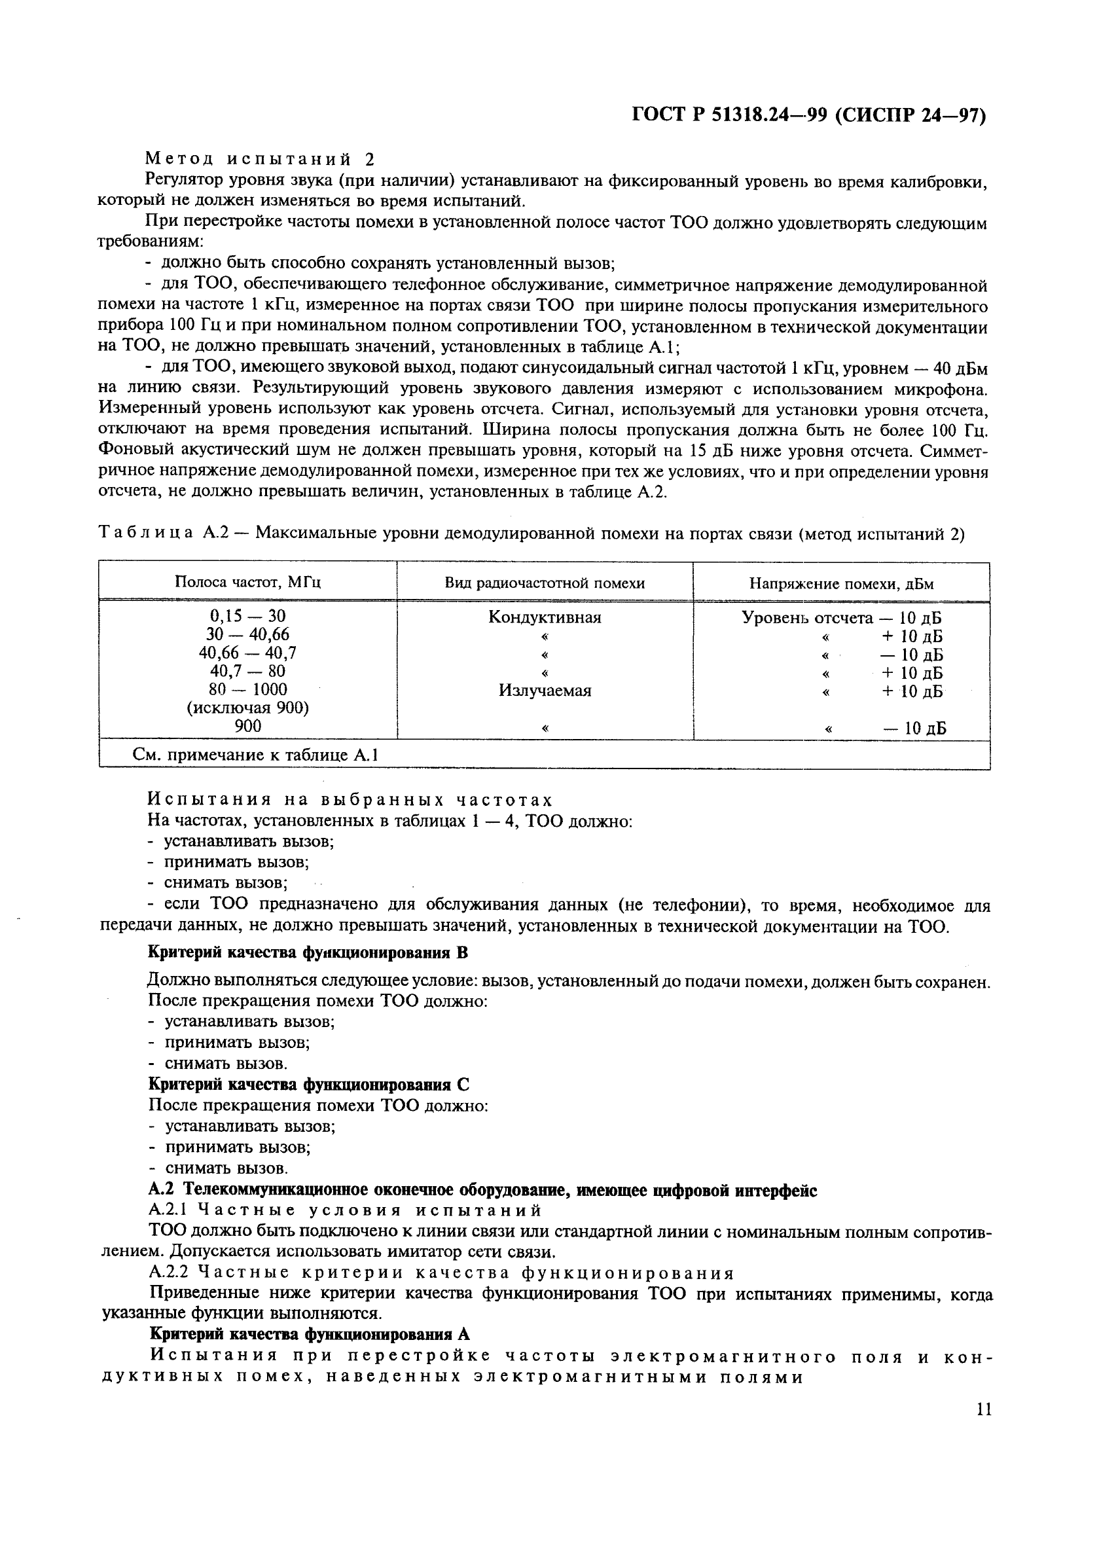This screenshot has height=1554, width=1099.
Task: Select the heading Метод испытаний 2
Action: point(260,159)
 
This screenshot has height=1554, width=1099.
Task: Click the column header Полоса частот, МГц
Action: point(247,582)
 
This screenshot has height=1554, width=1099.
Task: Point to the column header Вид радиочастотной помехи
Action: point(545,583)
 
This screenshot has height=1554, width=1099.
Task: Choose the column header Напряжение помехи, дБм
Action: point(841,583)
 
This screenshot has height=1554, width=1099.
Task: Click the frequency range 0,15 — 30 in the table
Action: point(247,616)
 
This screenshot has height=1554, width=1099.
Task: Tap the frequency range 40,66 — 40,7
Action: point(247,653)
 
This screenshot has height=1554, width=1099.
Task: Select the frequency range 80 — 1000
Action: point(247,689)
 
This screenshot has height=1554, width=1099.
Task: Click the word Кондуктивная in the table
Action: point(545,617)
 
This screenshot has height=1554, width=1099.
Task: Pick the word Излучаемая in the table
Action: point(545,691)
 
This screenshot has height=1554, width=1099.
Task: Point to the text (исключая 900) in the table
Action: point(247,708)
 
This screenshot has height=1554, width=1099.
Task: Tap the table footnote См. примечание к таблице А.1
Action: point(255,755)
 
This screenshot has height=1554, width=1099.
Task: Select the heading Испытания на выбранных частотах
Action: point(350,800)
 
